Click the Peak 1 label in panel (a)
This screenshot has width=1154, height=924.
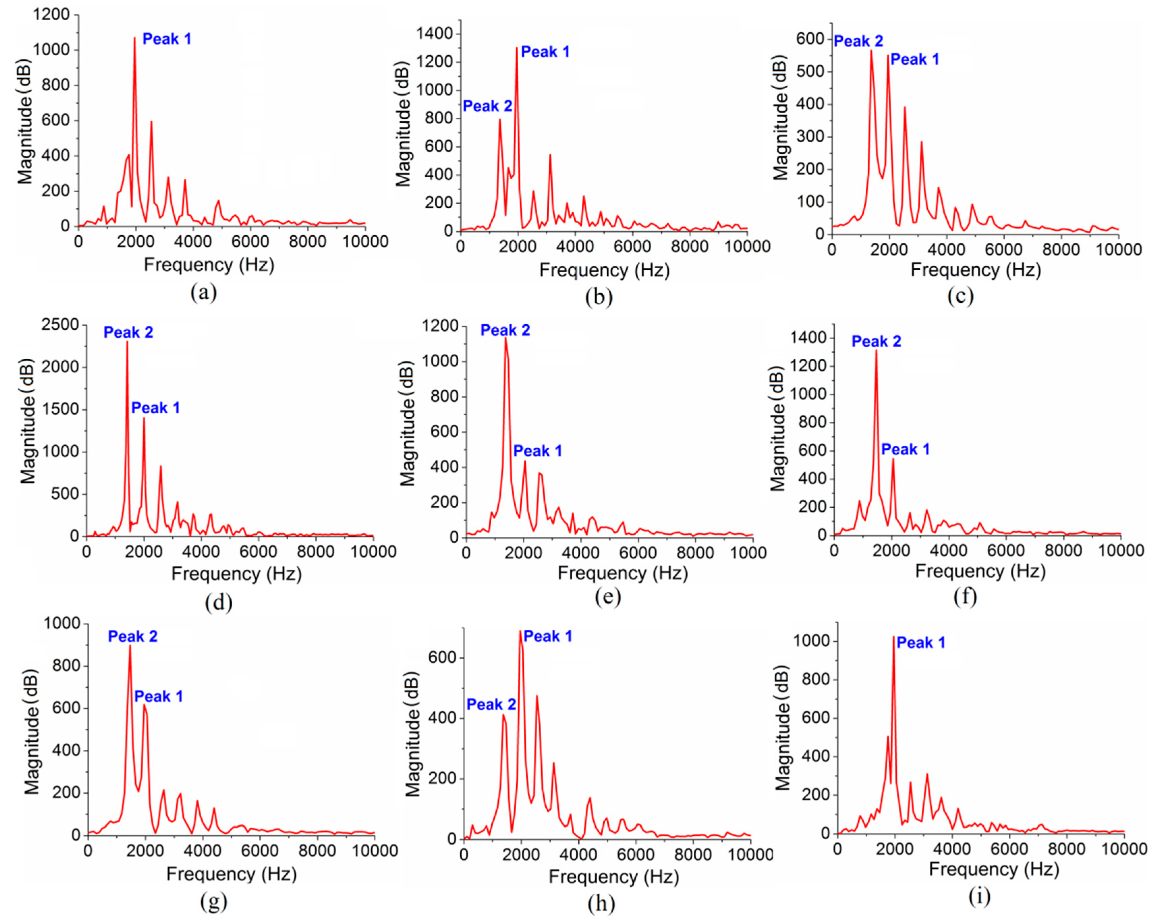(167, 39)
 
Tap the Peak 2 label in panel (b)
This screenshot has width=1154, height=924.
(487, 107)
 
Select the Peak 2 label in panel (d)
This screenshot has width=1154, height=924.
(128, 332)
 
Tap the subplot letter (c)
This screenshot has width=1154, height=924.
(960, 296)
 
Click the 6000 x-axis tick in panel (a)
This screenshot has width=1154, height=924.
(251, 242)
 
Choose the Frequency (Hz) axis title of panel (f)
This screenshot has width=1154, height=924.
(980, 571)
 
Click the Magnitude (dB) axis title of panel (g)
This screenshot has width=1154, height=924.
(32, 732)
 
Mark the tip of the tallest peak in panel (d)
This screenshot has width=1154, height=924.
(127, 342)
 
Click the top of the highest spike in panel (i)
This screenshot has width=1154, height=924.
(893, 637)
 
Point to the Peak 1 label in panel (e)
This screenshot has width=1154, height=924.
(538, 451)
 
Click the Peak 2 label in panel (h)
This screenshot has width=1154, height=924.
(491, 705)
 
